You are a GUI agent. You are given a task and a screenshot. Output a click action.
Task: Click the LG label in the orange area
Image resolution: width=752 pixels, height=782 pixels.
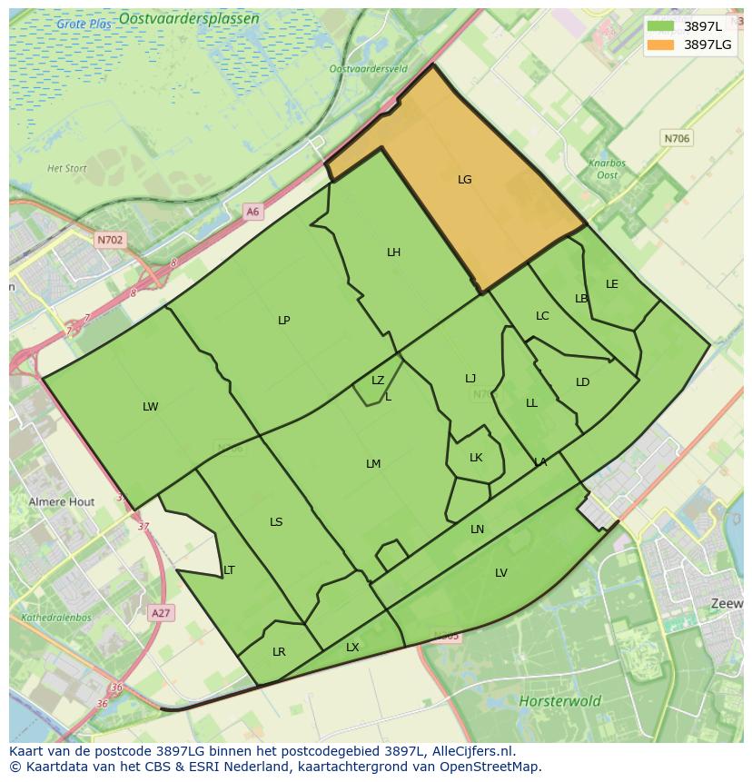click(x=464, y=180)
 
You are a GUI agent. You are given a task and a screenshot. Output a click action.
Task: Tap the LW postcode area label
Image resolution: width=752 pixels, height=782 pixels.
click(x=151, y=407)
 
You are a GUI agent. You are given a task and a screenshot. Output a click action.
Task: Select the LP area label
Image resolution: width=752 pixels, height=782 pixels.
click(x=284, y=321)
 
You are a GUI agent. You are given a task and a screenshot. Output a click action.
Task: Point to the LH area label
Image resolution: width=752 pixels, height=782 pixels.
click(x=393, y=252)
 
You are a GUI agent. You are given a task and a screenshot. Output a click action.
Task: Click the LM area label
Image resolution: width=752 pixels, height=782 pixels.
click(x=373, y=464)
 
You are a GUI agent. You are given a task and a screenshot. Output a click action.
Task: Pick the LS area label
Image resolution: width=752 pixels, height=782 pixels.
click(x=276, y=522)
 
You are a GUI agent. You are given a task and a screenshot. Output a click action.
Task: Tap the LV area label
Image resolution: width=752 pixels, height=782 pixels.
click(x=501, y=573)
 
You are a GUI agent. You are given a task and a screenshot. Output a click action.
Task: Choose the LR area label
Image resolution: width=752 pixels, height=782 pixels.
click(x=279, y=652)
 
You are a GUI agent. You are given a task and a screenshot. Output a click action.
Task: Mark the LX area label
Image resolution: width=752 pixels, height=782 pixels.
click(x=352, y=648)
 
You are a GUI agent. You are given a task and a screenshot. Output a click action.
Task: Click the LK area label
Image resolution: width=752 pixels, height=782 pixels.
click(x=476, y=458)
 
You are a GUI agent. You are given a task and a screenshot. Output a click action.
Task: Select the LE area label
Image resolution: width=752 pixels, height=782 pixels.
click(x=612, y=284)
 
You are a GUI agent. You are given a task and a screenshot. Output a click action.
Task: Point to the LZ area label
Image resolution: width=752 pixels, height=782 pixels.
click(x=378, y=381)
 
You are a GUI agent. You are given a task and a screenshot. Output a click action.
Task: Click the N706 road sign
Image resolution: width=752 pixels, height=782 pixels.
click(x=677, y=139)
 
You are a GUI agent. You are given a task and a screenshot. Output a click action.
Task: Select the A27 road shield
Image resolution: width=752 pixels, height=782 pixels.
click(x=161, y=613)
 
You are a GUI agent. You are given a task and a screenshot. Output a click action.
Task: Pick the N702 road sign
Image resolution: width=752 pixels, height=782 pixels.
click(x=109, y=241)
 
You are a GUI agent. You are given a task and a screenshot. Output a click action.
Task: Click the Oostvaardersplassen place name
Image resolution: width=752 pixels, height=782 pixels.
click(x=202, y=18)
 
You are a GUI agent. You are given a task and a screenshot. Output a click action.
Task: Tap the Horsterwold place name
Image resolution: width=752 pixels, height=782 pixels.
click(x=559, y=701)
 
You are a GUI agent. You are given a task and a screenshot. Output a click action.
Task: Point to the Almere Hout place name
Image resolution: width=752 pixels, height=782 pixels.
click(x=62, y=501)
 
